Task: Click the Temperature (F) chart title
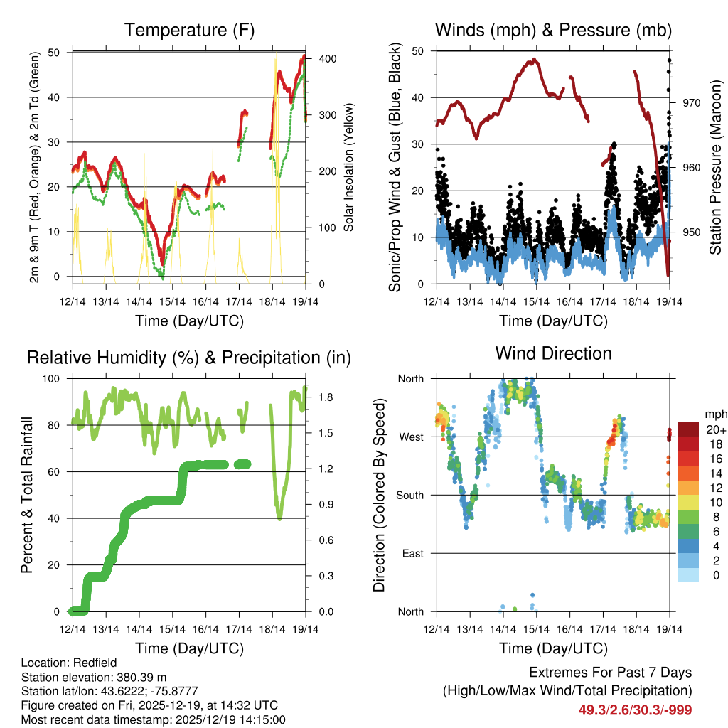pyautogui.click(x=189, y=30)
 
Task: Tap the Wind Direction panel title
pyautogui.click(x=553, y=353)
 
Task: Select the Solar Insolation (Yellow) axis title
pyautogui.click(x=348, y=167)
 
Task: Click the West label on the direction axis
pyautogui.click(x=411, y=437)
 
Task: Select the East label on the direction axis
pyautogui.click(x=412, y=553)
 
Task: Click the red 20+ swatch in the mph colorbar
pyautogui.click(x=688, y=429)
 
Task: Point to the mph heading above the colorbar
pyautogui.click(x=715, y=414)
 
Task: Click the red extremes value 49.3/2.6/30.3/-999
pyautogui.click(x=635, y=710)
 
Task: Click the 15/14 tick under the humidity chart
pyautogui.click(x=172, y=629)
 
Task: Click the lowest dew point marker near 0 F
pyautogui.click(x=162, y=277)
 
